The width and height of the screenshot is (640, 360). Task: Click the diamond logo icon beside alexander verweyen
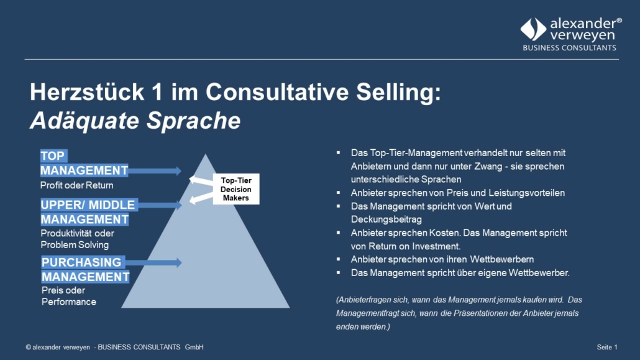coord(533,29)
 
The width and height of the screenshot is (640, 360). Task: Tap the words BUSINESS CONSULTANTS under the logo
coord(569,48)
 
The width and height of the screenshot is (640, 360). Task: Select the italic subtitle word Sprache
coord(193,121)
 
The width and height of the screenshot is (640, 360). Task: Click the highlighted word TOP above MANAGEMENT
coord(53,155)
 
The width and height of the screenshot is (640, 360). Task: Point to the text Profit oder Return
coord(76,185)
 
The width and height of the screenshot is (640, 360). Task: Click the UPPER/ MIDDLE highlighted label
coord(88,205)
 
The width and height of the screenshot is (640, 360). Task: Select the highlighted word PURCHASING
coord(81,262)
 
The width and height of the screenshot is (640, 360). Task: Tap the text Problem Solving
coord(75,245)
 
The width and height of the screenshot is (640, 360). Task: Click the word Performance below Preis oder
coord(69,302)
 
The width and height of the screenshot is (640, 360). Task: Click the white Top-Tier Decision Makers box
coord(236,189)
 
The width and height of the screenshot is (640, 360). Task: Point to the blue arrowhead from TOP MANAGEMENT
coord(178,171)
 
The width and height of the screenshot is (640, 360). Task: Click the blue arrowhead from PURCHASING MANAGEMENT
coord(178,262)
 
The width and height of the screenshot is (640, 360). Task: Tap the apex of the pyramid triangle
coord(205,154)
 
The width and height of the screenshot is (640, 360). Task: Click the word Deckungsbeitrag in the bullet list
coord(386,219)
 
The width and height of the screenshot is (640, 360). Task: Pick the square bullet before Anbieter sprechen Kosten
coord(339,233)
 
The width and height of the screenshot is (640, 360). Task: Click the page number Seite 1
coord(607,347)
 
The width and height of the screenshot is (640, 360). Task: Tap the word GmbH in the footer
coord(194,347)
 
